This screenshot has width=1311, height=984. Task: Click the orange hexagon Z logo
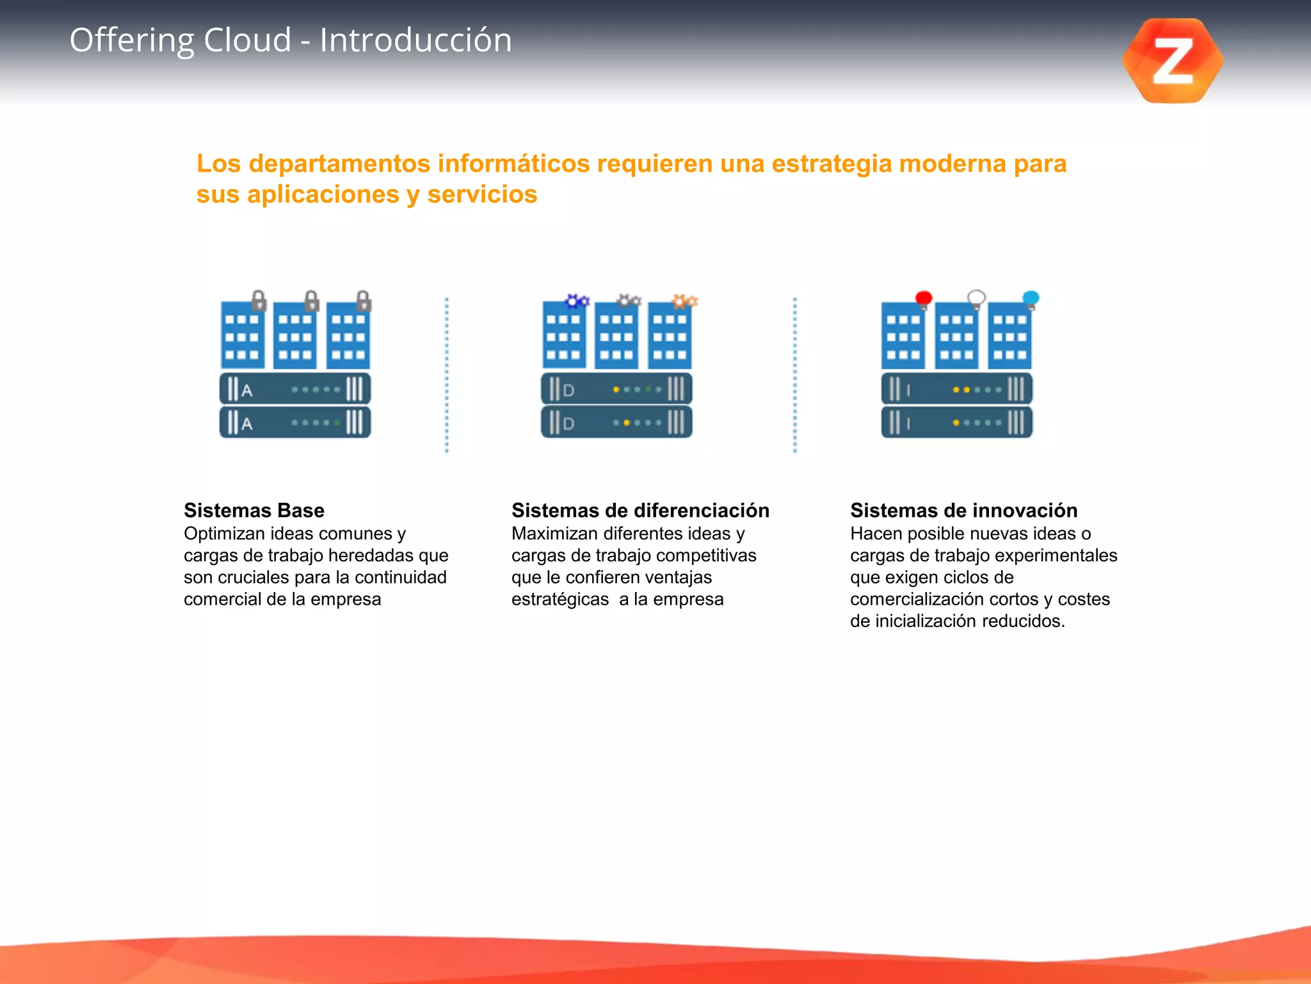coord(1172,61)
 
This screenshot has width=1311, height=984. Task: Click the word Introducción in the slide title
coord(415,40)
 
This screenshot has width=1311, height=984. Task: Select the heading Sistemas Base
coord(253,511)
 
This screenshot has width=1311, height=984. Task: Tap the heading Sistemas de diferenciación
coord(639,511)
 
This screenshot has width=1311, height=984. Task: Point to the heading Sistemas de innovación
coord(963,511)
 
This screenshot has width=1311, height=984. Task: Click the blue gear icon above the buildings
coord(577,300)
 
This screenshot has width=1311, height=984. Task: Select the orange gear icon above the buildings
coord(684,300)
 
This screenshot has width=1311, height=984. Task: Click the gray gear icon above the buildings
coord(629,300)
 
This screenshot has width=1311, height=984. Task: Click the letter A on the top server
coord(247,390)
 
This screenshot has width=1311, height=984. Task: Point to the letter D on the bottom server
coord(568,423)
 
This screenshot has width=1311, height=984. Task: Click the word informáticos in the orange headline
coord(513,164)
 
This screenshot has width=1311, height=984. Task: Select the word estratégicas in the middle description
coord(559,600)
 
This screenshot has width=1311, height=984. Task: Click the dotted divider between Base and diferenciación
coord(447,375)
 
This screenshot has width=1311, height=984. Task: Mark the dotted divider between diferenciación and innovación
coord(795,375)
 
